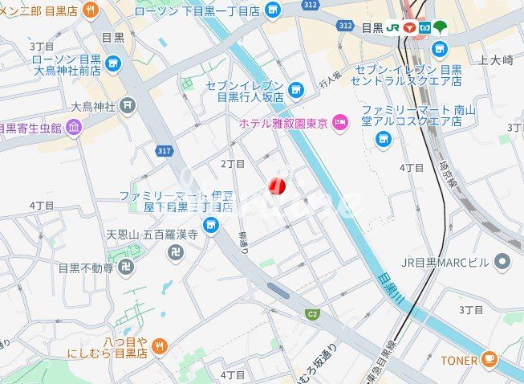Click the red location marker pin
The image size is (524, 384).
(x=276, y=186)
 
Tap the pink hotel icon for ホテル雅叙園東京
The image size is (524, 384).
(x=340, y=123)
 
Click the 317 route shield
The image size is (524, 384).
(x=165, y=150)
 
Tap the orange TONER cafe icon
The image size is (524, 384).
(x=489, y=360)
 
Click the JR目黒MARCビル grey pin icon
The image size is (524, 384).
(x=502, y=261)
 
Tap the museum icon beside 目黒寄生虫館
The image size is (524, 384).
(x=74, y=127)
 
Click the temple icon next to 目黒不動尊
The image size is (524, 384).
(x=125, y=268)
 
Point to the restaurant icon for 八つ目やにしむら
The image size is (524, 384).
(x=160, y=346)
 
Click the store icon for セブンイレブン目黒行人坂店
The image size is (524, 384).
(x=297, y=90)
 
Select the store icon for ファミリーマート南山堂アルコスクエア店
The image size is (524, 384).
(x=384, y=139)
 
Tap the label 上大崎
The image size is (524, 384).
(x=494, y=59)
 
